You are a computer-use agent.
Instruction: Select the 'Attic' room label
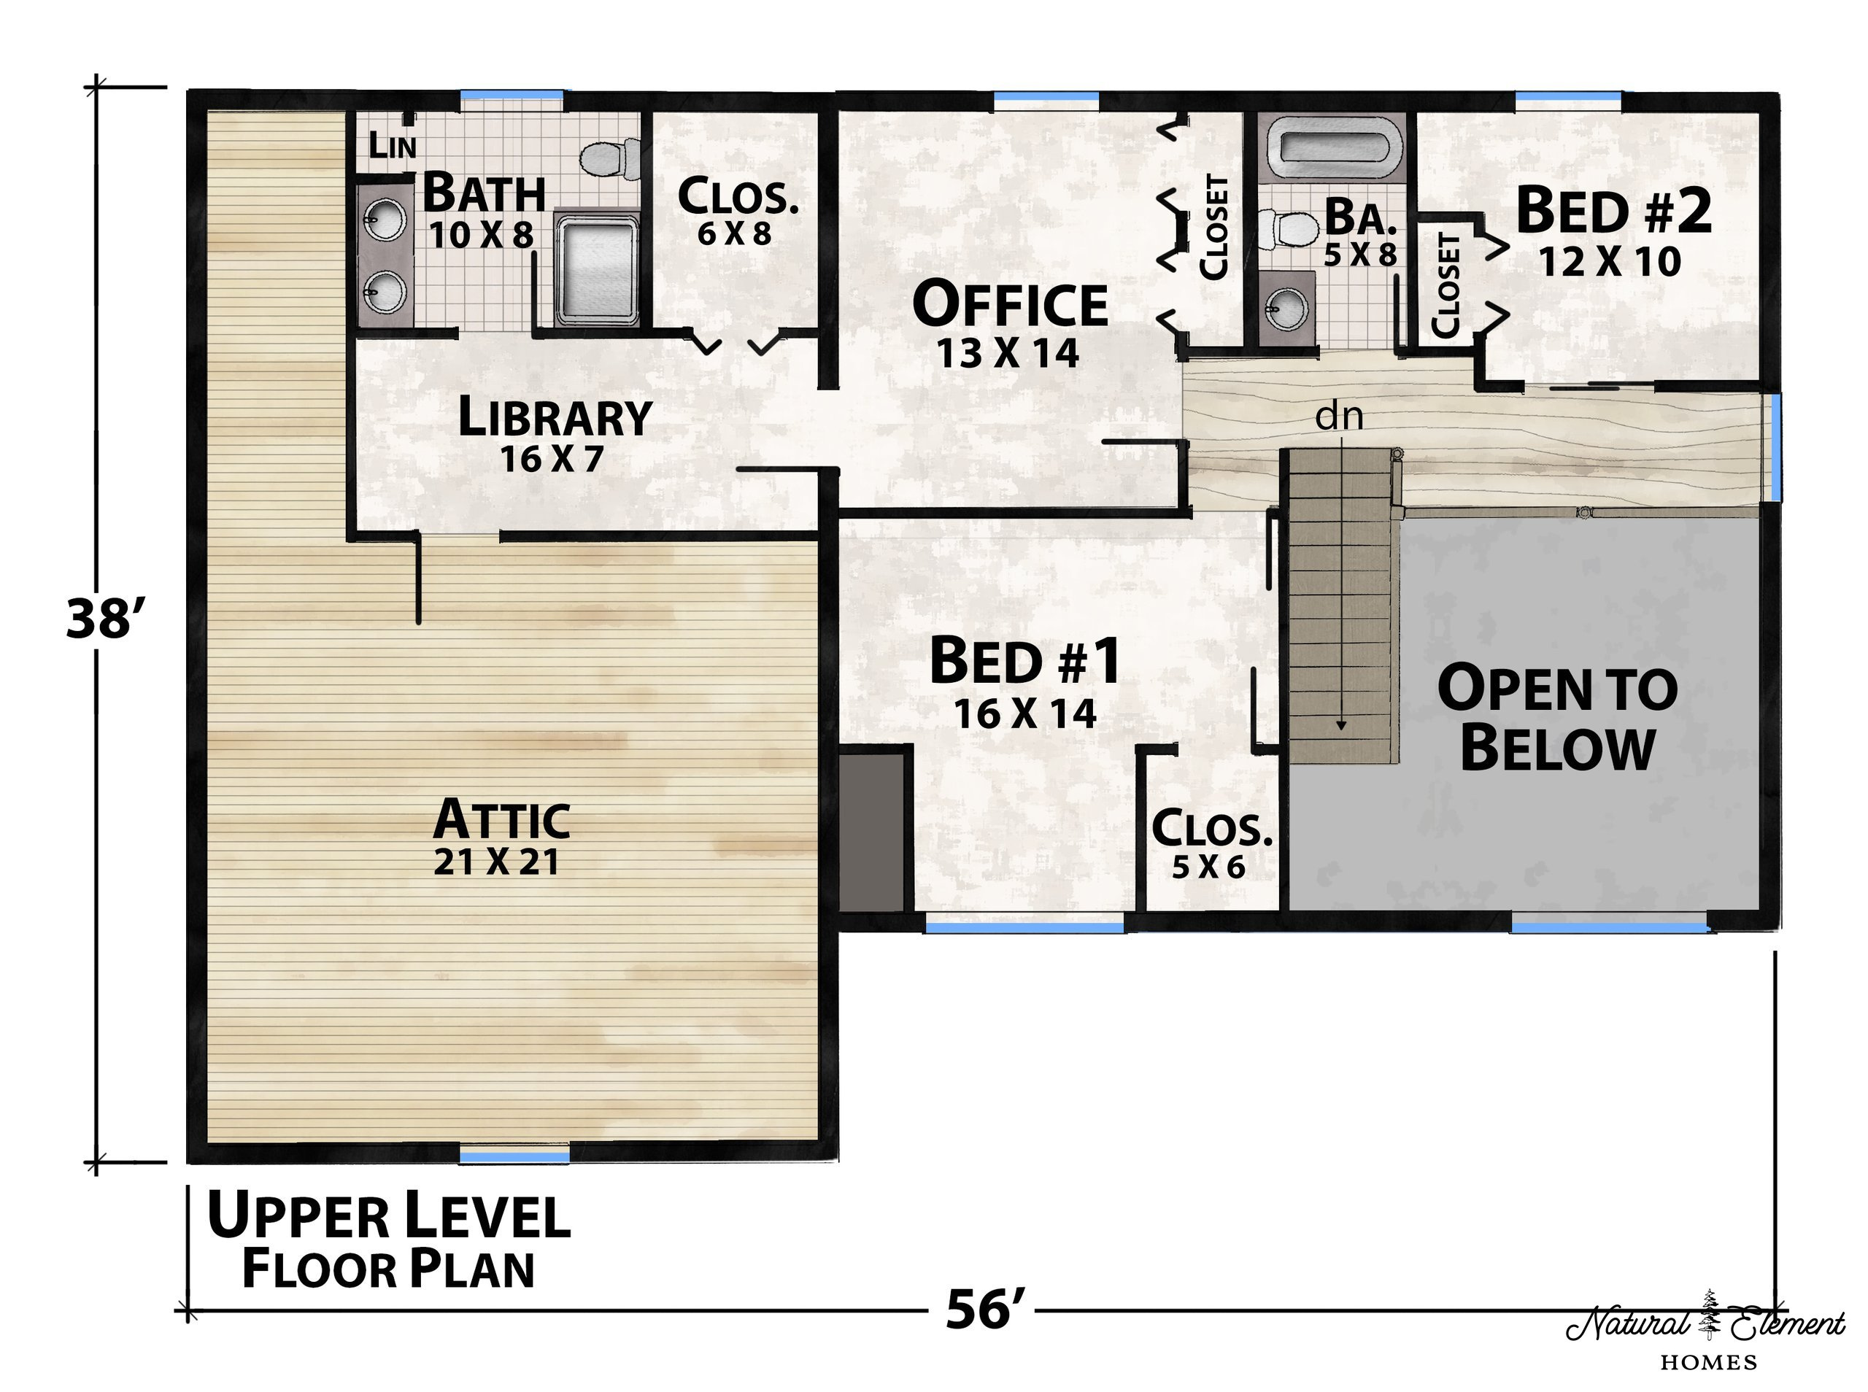(x=501, y=819)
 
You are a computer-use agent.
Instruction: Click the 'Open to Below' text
(x=1557, y=717)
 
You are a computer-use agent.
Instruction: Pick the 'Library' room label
(x=555, y=417)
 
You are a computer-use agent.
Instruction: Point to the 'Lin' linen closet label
(x=392, y=145)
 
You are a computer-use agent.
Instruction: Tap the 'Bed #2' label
(x=1613, y=211)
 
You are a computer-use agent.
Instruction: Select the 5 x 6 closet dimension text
(x=1208, y=866)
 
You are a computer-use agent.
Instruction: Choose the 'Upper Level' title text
(x=388, y=1217)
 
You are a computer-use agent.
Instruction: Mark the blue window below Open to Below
(x=1610, y=926)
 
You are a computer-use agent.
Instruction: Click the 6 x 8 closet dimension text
(x=735, y=233)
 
